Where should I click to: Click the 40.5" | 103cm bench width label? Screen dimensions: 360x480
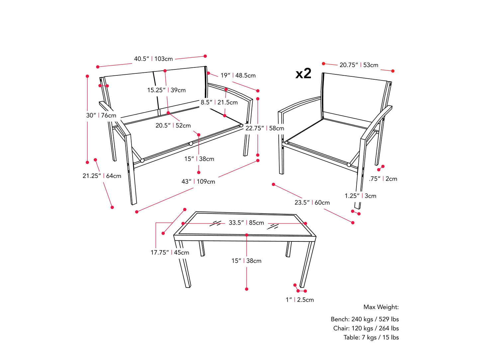click(x=153, y=59)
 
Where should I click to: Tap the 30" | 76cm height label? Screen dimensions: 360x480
click(x=101, y=115)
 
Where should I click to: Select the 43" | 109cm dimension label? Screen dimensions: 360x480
click(x=198, y=181)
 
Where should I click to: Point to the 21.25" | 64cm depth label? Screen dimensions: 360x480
click(x=102, y=176)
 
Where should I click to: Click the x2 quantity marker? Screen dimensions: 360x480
click(x=303, y=73)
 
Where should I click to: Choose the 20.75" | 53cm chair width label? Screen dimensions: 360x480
click(x=359, y=65)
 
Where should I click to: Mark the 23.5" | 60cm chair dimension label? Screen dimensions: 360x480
click(x=312, y=202)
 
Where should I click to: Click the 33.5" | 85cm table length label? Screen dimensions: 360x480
click(x=246, y=223)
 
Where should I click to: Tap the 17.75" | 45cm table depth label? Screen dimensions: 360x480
click(x=170, y=252)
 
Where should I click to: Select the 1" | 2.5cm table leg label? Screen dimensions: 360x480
click(x=300, y=300)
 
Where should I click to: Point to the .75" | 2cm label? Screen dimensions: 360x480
click(x=383, y=179)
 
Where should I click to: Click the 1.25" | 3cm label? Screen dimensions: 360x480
click(x=360, y=196)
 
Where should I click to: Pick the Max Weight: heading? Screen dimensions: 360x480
click(x=381, y=307)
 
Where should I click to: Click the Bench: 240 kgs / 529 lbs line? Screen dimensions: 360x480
click(x=364, y=319)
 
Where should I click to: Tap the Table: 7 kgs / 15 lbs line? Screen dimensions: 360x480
click(x=371, y=337)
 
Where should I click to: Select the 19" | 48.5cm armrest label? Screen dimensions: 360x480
click(x=238, y=75)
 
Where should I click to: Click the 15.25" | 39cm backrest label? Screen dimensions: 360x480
click(x=166, y=90)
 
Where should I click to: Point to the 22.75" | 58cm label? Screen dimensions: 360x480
click(x=264, y=128)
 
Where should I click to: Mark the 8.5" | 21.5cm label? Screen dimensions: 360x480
click(x=219, y=102)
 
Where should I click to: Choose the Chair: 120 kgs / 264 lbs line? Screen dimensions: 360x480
click(x=366, y=328)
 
